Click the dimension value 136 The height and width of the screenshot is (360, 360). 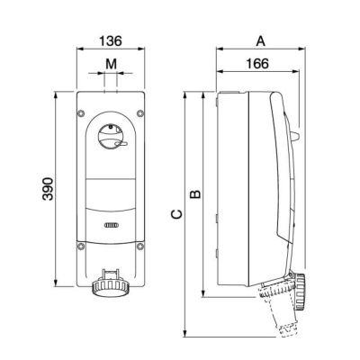click(111, 41)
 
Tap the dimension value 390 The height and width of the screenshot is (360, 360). click(48, 189)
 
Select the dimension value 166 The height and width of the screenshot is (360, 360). click(257, 64)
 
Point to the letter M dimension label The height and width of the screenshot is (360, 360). click(111, 64)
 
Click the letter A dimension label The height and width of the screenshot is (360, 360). click(261, 41)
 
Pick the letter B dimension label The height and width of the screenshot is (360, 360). click(195, 193)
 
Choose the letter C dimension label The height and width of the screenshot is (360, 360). click(176, 214)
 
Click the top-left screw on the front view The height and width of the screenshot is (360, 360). click(81, 113)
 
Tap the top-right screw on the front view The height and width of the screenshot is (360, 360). click(140, 113)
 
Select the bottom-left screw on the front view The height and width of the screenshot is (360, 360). click(81, 247)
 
